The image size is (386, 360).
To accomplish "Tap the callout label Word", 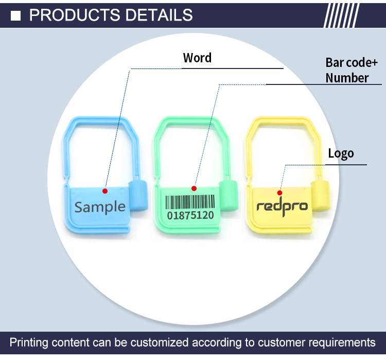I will (x=197, y=58).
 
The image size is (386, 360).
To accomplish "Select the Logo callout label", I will (x=341, y=153).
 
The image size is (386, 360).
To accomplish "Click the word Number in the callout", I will (x=347, y=78).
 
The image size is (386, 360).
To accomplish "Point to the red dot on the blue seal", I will (x=105, y=191).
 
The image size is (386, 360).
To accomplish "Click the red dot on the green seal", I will (x=195, y=188).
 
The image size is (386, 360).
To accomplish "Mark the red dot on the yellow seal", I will (x=280, y=192).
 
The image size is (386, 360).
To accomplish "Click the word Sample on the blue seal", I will (x=100, y=207).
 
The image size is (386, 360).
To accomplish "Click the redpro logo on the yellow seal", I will (x=282, y=207).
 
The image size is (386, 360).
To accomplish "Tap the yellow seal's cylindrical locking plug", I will (x=321, y=195).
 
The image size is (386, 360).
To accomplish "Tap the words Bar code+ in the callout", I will (x=348, y=63).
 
